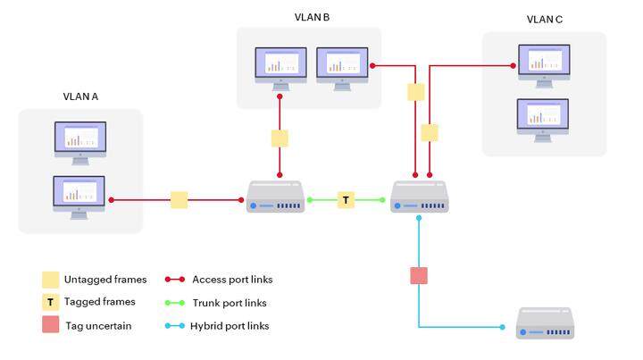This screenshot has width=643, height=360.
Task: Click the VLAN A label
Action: pos(80,96)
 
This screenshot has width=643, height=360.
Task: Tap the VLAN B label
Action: pos(313,17)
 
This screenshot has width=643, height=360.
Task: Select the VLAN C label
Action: pos(545,19)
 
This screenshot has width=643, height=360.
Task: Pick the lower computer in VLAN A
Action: pos(79,196)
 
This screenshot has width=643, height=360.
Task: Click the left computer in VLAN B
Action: pos(280,67)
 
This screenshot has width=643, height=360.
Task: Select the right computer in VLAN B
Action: pos(342,67)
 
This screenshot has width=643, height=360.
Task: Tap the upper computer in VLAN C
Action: pos(544,67)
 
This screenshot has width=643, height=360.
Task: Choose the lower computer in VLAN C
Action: pos(544,120)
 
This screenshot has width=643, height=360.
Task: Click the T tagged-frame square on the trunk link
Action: pos(346,200)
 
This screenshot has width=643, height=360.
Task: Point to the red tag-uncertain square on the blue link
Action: pos(419,275)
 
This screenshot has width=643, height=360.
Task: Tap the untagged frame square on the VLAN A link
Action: pos(180,200)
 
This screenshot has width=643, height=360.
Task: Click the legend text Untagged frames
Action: pos(99,280)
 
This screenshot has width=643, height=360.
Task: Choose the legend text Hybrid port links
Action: pos(230,326)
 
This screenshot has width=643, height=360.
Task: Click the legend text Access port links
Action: pos(232,280)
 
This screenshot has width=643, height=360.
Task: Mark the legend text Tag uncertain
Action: pos(98,326)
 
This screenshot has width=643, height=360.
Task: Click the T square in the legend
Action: pos(51,303)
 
